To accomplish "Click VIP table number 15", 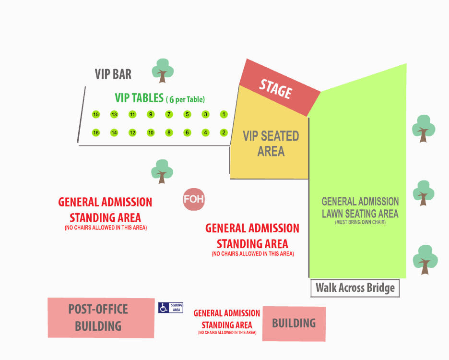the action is pos(96,114).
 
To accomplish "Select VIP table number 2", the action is pos(224,132).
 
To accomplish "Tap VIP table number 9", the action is pos(151,114).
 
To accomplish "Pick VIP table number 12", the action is pos(132,132).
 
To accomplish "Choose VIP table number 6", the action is pos(187,132).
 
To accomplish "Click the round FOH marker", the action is pos(194,199).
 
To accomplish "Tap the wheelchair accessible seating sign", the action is pos(171,308).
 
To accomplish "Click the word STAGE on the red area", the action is pos(275,89).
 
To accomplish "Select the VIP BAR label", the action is pos(113,74).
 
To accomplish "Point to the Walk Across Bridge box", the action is pos(355,288).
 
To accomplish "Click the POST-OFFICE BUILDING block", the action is pos(101,318).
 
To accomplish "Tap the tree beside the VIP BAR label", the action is pos(163,71).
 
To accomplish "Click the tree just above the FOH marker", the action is pos(162,171).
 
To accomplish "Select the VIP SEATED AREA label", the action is pos(271,144).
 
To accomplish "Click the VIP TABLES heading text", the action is pos(139,98).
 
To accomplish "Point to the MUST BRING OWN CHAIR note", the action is pos(360,222).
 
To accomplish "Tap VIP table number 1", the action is pos(224,114).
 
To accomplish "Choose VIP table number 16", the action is pos(96,132).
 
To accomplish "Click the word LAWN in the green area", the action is pos(332,214).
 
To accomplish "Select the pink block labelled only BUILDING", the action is pos(294,324).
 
